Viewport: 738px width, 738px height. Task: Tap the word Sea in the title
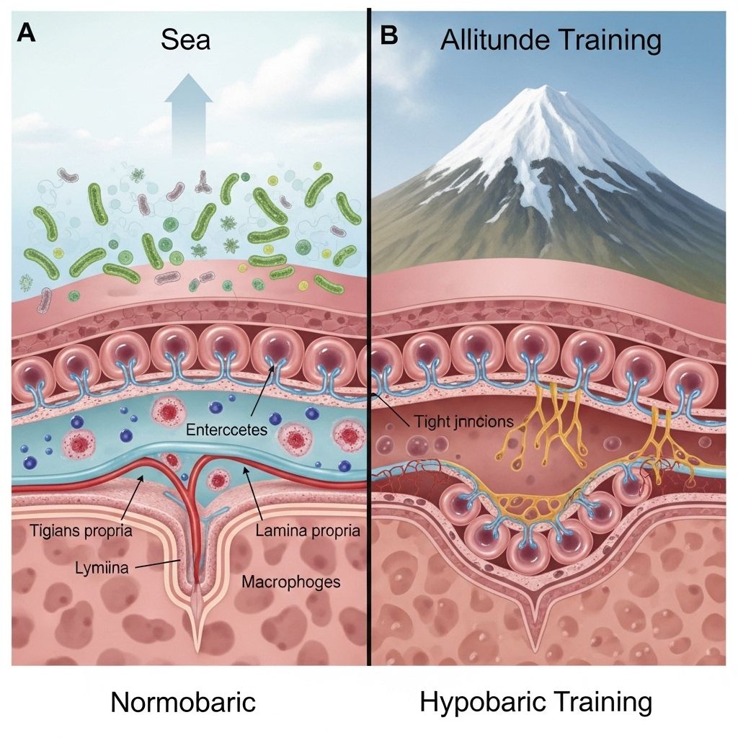pyautogui.click(x=186, y=40)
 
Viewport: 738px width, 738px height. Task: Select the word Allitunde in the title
pyautogui.click(x=497, y=40)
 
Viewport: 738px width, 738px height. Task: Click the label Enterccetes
pyautogui.click(x=226, y=430)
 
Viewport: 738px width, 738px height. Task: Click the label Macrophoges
pyautogui.click(x=291, y=581)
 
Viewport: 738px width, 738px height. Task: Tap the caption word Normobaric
pyautogui.click(x=183, y=702)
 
